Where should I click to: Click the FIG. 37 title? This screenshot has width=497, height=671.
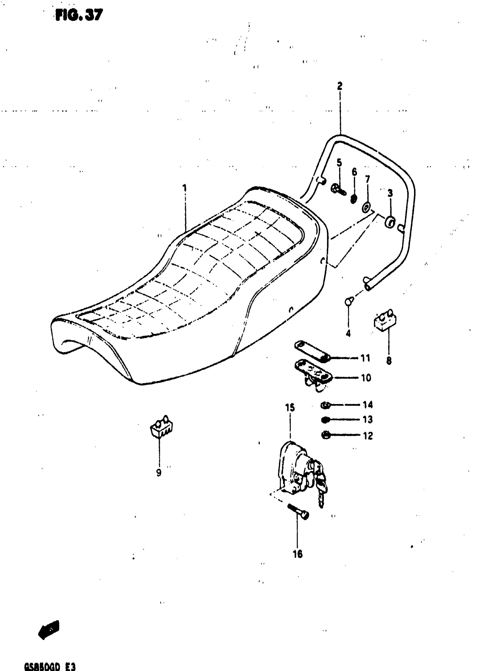click(x=79, y=15)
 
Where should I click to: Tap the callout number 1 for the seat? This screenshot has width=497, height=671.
click(x=184, y=189)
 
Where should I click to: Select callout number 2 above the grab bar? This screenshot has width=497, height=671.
click(x=340, y=86)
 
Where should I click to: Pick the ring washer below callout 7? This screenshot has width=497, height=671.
click(x=367, y=208)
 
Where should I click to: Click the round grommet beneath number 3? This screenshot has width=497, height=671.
click(x=390, y=222)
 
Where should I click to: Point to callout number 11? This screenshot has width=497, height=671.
click(x=365, y=358)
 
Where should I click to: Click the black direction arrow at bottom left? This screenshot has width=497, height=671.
click(x=49, y=629)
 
